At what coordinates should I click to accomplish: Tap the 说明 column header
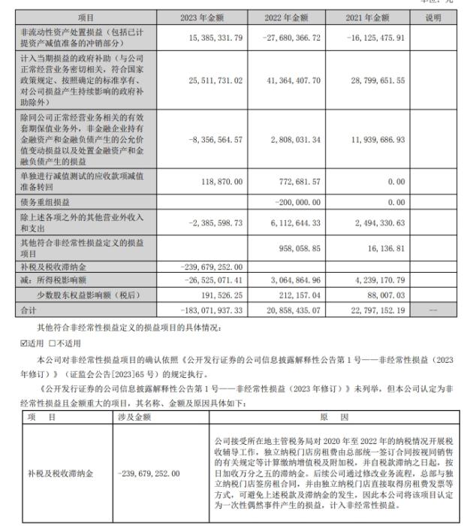point(433,17)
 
